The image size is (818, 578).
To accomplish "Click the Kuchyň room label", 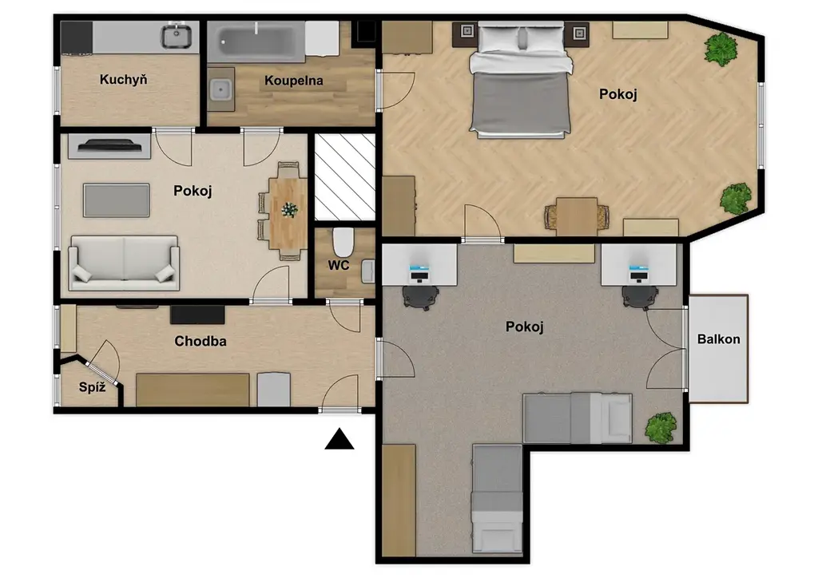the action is (123, 80).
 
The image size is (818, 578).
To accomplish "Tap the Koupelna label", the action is (294, 81).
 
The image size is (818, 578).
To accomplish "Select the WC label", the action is (339, 265).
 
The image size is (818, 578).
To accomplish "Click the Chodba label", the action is (201, 342).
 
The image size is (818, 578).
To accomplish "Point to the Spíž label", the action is (93, 387).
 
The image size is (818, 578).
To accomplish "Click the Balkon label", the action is (719, 339).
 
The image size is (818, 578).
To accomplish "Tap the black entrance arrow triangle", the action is (340, 439).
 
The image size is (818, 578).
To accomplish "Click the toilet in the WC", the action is (343, 243).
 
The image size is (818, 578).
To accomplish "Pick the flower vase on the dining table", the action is (289, 210).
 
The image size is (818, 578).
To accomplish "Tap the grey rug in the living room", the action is (117, 200).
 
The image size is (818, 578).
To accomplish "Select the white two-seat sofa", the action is (124, 263).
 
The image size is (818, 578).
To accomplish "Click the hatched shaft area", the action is (345, 177).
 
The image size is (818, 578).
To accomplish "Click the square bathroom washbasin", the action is (220, 90).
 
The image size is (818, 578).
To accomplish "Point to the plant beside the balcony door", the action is (661, 428).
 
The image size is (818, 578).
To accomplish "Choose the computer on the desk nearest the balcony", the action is (638, 273).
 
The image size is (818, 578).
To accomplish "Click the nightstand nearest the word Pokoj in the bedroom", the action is (579, 34).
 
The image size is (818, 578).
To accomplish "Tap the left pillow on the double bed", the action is (499, 38).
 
